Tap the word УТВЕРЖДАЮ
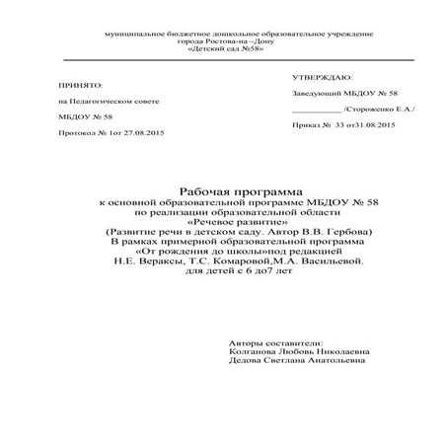pyautogui.click(x=322, y=76)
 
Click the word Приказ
pyautogui.click(x=306, y=126)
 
